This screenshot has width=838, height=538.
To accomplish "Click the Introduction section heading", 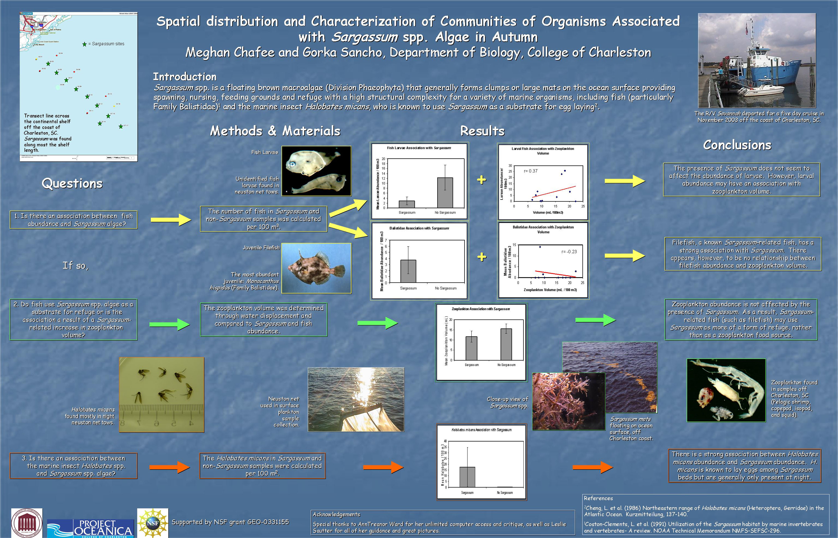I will coord(185,77).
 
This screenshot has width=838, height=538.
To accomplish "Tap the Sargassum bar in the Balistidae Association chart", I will coord(408,271).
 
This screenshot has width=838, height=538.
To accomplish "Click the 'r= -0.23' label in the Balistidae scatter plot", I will coord(569,252).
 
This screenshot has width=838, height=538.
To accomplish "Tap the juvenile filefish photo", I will coord(316,268).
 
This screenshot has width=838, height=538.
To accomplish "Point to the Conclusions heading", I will coord(737,145).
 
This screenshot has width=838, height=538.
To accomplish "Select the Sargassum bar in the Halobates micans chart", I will coord(467,477).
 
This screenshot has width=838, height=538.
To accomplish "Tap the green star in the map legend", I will coord(84,44).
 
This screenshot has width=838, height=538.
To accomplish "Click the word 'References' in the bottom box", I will coord(598,498).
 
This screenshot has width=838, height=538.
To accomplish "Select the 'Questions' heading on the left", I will coord(72,183).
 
